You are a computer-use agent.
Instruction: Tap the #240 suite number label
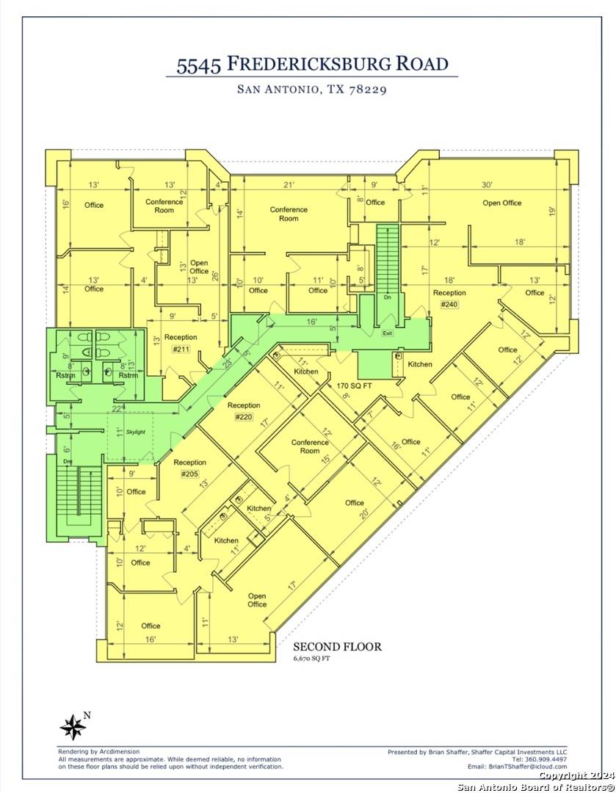449,304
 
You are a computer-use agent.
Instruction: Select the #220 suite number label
243,417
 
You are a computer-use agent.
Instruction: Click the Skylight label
136,432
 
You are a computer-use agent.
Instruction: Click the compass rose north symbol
73,727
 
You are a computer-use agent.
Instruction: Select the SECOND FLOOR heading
337,647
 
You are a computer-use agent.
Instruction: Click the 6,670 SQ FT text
314,659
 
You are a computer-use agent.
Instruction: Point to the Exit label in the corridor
387,333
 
